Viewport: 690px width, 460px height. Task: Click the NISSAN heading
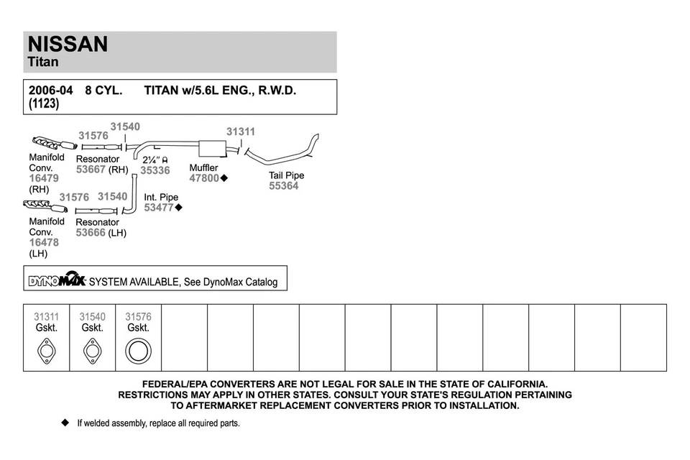(68, 44)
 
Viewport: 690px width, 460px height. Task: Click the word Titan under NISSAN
(43, 62)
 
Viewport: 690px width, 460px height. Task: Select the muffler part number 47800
(204, 178)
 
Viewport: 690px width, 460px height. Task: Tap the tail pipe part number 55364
(283, 186)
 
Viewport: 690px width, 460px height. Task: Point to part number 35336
(155, 170)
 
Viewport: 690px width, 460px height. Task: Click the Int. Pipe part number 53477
(159, 208)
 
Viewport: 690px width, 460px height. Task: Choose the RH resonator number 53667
(91, 170)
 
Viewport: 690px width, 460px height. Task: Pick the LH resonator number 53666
(91, 233)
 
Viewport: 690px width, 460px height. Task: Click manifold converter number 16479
(44, 178)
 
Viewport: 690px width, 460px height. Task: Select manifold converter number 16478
(44, 243)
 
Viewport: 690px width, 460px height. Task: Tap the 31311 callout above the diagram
(241, 132)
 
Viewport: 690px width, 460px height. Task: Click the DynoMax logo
(57, 280)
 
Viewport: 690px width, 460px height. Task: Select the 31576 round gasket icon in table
(138, 351)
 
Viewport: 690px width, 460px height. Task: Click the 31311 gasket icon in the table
(46, 351)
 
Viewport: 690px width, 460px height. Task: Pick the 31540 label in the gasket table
(92, 316)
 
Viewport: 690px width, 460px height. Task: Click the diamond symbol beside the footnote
(65, 423)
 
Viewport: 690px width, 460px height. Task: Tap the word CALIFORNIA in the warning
(510, 385)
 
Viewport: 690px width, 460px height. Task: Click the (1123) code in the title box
(44, 104)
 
